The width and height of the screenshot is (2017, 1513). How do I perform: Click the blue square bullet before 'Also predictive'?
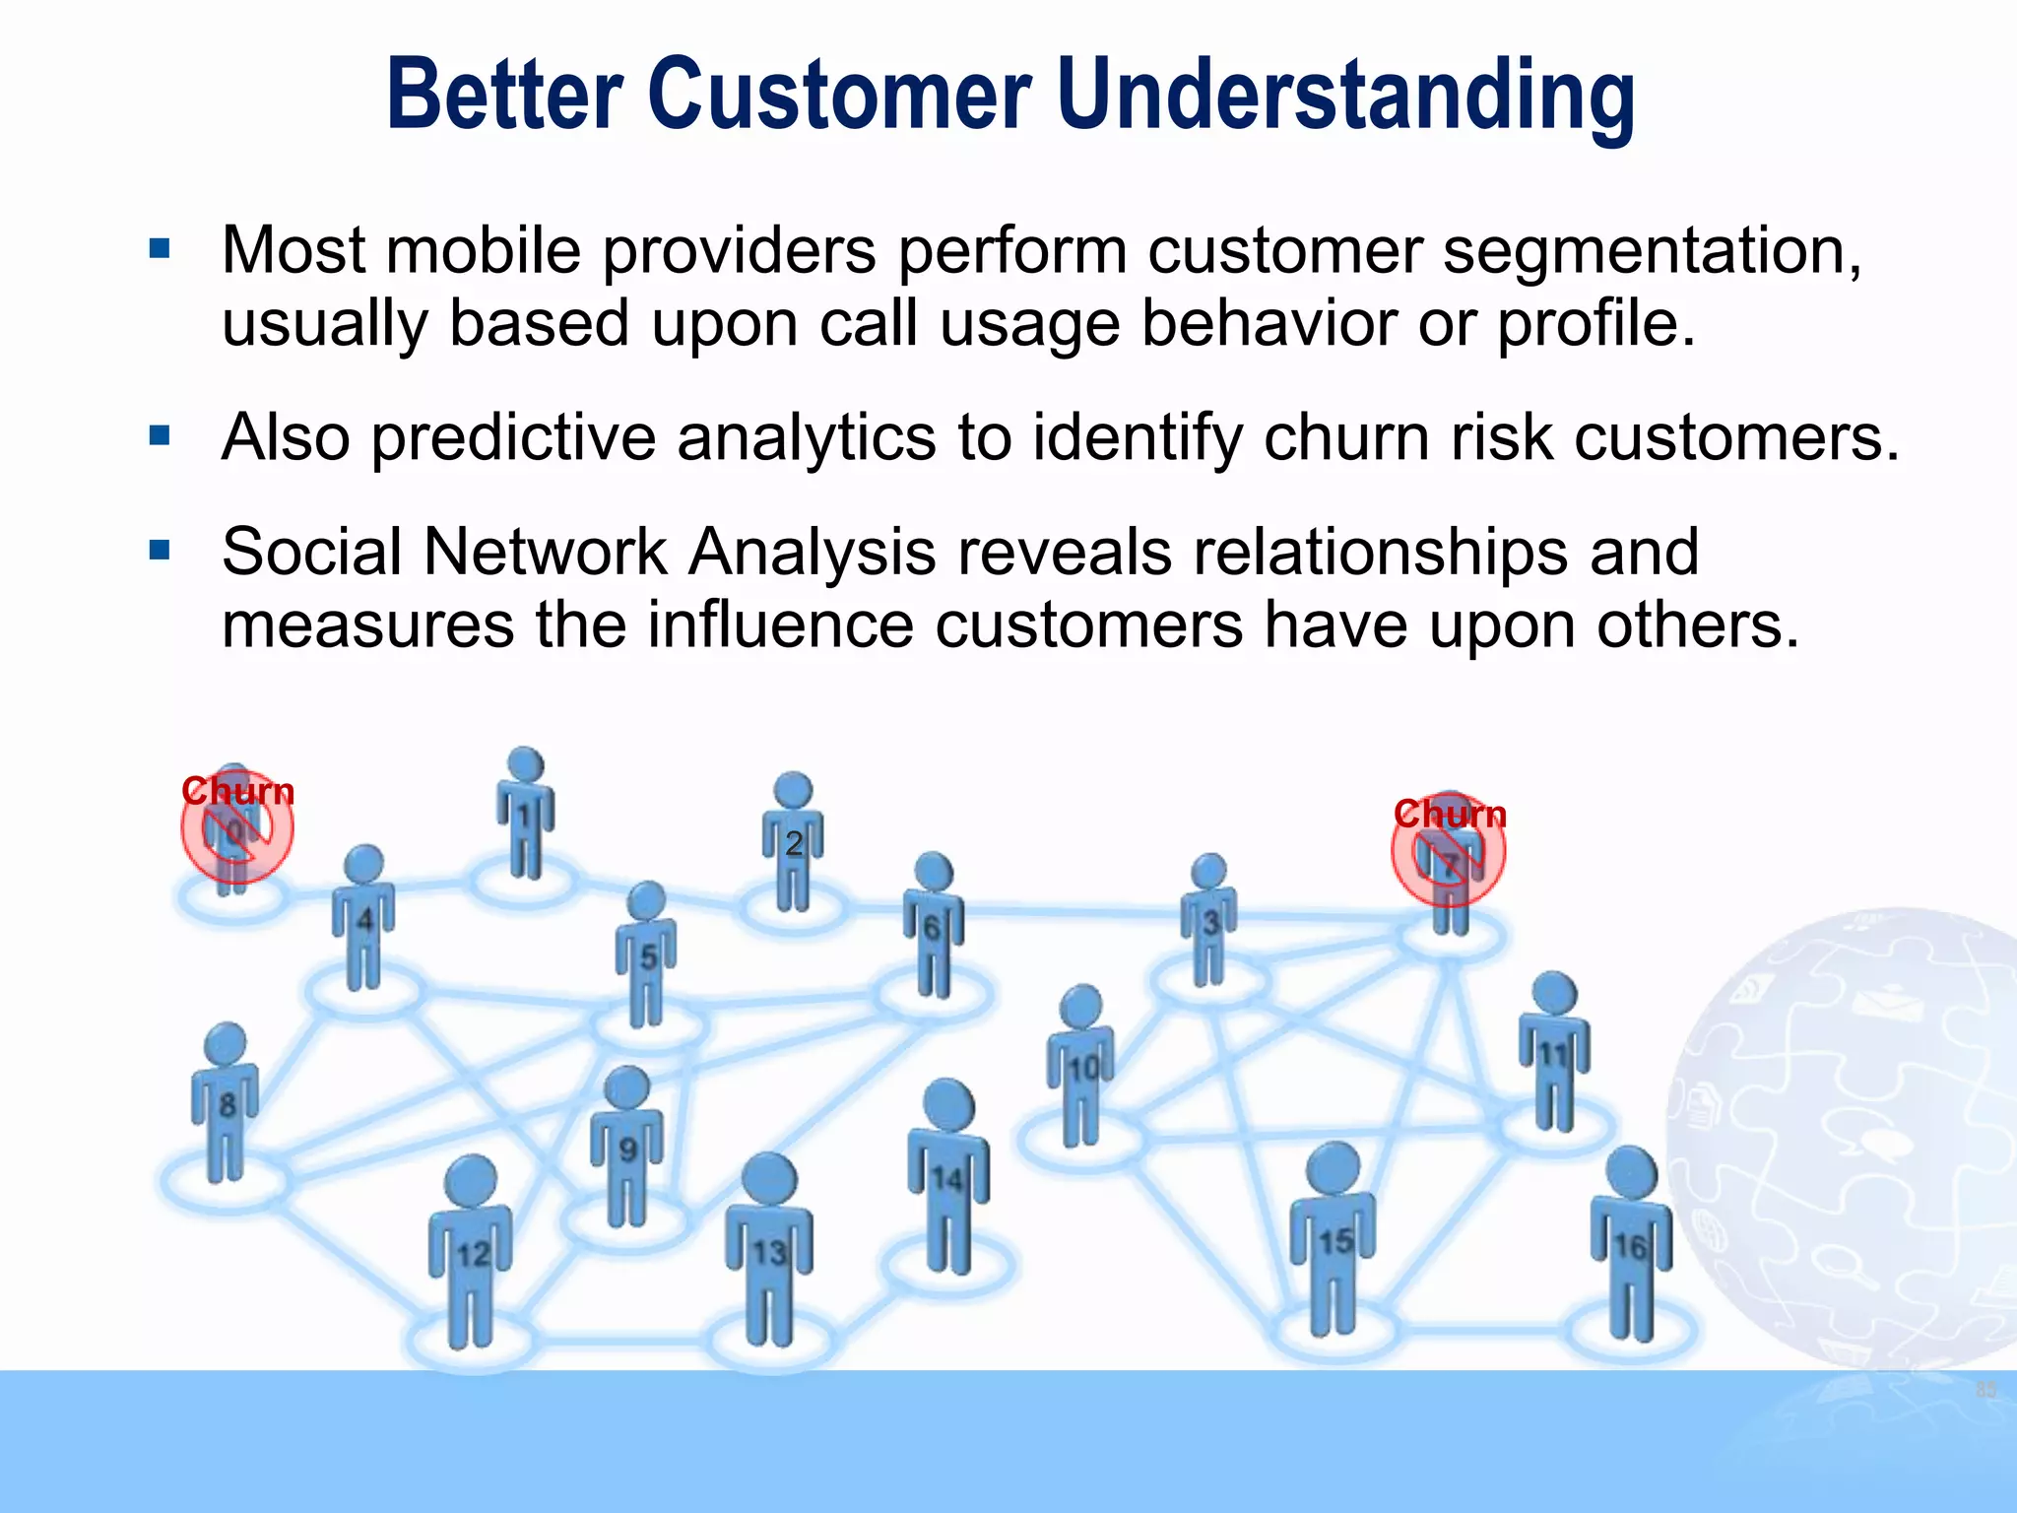(x=160, y=435)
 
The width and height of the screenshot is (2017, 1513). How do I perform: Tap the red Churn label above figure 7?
(x=1450, y=815)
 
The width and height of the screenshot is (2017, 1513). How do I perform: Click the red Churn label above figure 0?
(x=237, y=792)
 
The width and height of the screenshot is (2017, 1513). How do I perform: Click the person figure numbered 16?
(x=1631, y=1246)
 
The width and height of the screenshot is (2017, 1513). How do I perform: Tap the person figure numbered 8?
(x=227, y=1103)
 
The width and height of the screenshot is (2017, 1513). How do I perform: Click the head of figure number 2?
(x=793, y=791)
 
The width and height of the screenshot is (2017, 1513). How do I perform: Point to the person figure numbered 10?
(x=1082, y=1068)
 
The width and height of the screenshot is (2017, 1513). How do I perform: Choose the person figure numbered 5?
(x=646, y=955)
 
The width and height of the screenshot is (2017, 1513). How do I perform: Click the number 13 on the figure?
(x=769, y=1253)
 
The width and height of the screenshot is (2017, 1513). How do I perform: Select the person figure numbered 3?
(x=1209, y=921)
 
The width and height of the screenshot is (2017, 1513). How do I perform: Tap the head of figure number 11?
(x=1554, y=995)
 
